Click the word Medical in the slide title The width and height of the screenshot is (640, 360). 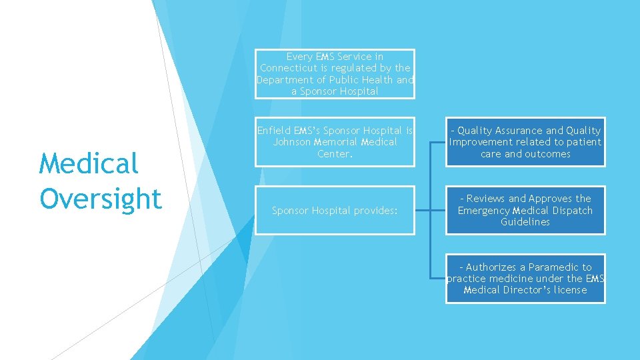[x=89, y=163]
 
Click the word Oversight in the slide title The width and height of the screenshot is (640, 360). [x=100, y=199]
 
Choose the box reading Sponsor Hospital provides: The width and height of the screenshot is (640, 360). [x=335, y=211]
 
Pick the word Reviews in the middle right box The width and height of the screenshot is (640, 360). [x=486, y=199]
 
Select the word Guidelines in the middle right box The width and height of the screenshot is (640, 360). [x=525, y=222]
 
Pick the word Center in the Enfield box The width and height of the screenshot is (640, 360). [x=333, y=154]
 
